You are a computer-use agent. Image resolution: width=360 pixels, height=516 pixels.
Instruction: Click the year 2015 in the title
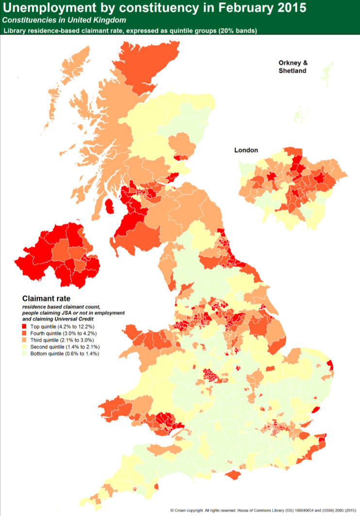286,8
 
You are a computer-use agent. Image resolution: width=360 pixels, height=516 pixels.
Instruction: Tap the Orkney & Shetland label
293,67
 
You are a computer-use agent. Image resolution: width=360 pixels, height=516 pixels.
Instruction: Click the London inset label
246,150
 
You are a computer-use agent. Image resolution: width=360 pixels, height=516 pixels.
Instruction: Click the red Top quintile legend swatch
25,327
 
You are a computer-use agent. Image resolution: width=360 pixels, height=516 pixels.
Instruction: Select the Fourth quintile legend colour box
25,334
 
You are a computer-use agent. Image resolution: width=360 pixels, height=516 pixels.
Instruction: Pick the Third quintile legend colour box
25,340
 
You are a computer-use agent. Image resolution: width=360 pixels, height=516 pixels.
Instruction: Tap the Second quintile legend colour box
25,347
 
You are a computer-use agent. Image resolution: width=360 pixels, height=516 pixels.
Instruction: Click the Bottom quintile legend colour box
25,354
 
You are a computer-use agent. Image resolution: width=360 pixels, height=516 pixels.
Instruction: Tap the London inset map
291,187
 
